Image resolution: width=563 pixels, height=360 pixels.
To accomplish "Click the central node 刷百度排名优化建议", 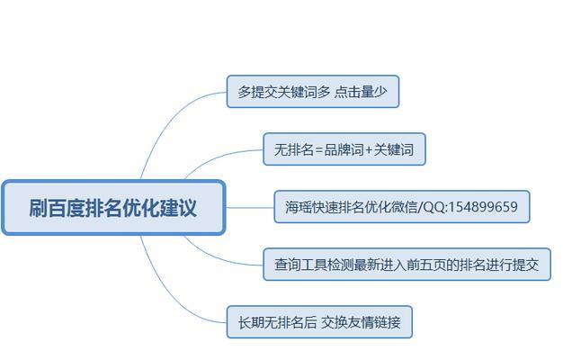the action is tap(113, 208).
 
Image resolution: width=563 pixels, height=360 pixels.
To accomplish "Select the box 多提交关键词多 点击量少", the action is tap(313, 92).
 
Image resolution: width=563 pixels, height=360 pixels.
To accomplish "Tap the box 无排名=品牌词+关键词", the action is tap(344, 149).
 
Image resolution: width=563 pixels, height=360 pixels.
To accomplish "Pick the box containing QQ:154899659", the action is tap(402, 207).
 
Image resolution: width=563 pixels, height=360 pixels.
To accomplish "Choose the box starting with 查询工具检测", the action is tap(407, 265).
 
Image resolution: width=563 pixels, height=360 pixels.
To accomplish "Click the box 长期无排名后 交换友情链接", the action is tap(319, 322).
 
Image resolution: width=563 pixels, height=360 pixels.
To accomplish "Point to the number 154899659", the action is tap(483, 207).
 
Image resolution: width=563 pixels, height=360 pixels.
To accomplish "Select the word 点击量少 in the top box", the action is tap(361, 92).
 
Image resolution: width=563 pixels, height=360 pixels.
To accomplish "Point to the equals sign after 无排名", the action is tap(319, 149).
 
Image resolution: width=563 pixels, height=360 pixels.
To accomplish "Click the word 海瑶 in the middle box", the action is tap(299, 207).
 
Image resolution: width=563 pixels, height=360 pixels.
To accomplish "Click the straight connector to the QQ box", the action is tap(249, 207).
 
